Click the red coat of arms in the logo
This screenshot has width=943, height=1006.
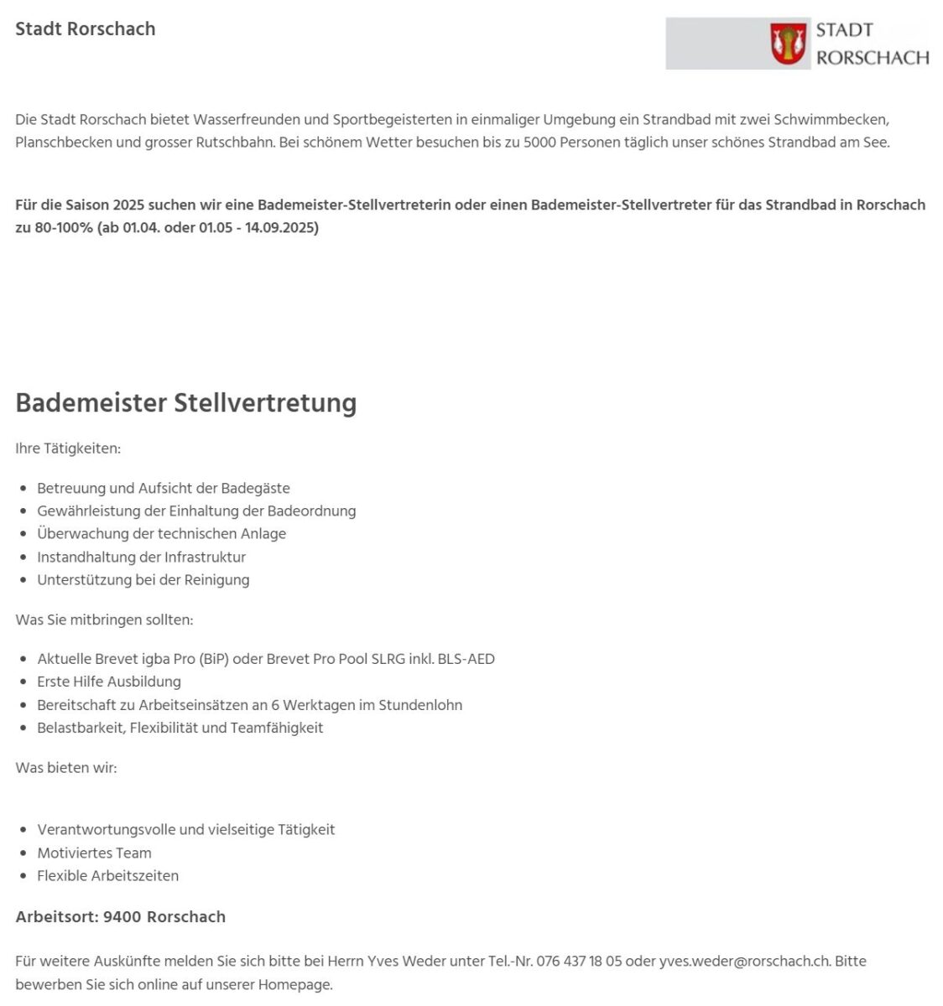788,44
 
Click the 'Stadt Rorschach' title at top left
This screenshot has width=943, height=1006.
86,29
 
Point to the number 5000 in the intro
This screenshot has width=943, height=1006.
539,143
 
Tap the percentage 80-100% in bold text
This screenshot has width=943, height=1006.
65,228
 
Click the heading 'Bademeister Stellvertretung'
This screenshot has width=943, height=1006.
186,402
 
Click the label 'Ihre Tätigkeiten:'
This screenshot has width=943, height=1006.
68,449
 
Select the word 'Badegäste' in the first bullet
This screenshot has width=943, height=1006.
255,488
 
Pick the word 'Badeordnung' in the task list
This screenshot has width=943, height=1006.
311,511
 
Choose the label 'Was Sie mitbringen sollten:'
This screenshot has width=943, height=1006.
104,620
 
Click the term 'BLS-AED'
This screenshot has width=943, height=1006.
466,659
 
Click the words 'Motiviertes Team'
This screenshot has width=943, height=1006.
94,853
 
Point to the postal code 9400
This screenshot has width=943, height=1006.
122,917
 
